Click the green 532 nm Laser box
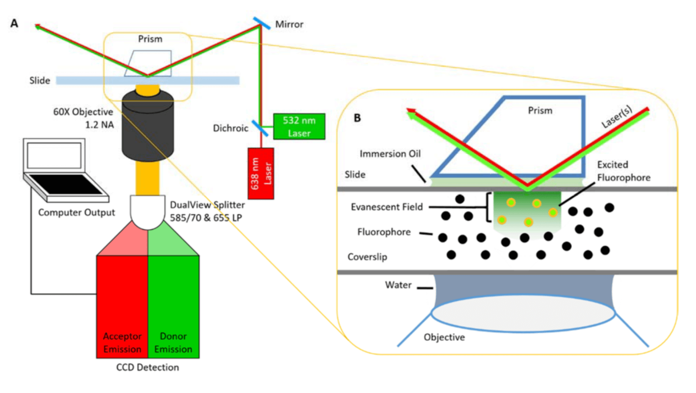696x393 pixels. click(299, 127)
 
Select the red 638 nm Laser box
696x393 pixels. click(261, 173)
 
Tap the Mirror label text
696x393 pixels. click(289, 24)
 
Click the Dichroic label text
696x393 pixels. click(230, 128)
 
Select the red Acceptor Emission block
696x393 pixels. click(122, 305)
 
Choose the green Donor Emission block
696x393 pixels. click(174, 305)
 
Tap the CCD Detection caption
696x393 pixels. click(147, 367)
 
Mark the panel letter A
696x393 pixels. click(14, 23)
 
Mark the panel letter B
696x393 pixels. click(357, 118)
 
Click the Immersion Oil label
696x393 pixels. click(390, 154)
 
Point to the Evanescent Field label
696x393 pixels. click(387, 207)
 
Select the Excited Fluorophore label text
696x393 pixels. click(623, 171)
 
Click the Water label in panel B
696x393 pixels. click(398, 285)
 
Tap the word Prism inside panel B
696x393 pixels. click(540, 111)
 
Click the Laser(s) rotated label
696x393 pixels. click(617, 117)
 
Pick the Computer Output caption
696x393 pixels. click(76, 212)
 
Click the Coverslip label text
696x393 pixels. click(367, 257)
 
